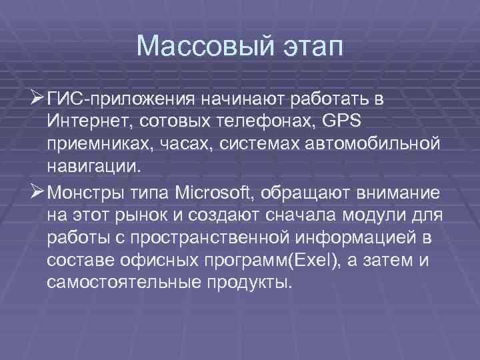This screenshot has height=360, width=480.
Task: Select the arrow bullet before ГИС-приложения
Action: [38, 99]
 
